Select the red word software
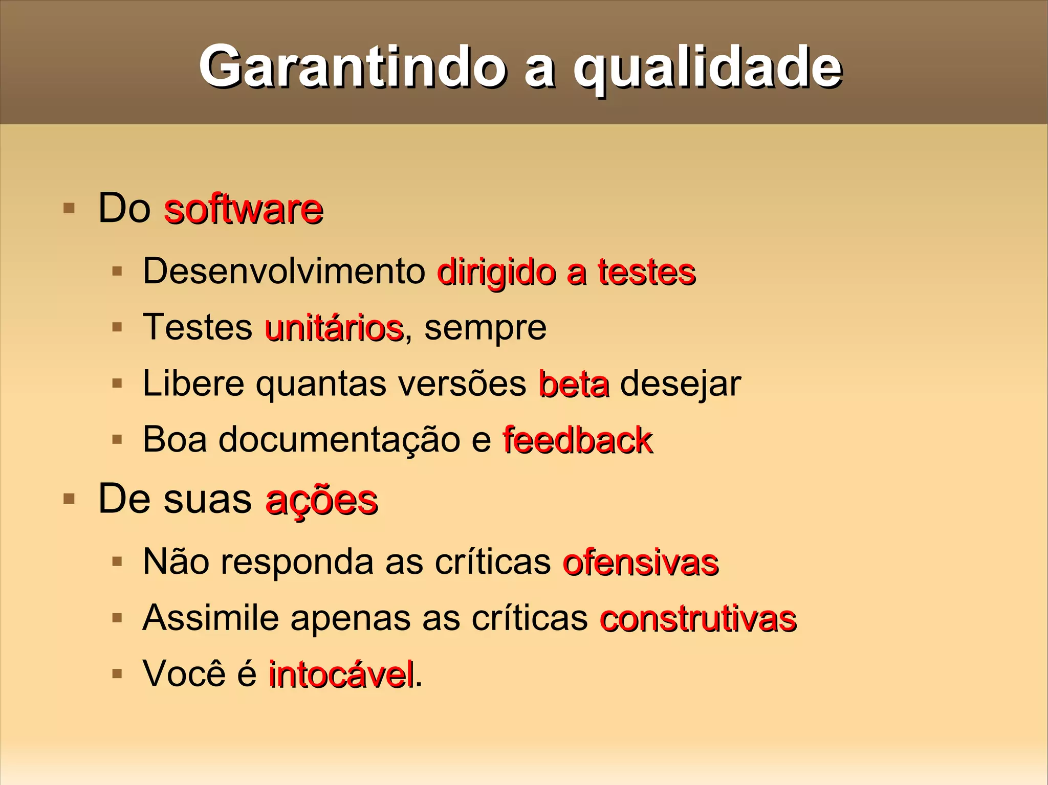pos(244,209)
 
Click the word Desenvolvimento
pos(284,271)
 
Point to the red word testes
pos(647,272)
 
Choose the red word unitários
pos(334,328)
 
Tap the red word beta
pos(574,384)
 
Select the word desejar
pos(680,384)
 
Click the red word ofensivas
pos(640,563)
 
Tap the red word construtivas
pos(698,619)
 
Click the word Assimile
pos(210,618)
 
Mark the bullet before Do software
pos(69,208)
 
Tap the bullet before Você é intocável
pos(117,674)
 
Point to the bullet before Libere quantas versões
pos(117,383)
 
